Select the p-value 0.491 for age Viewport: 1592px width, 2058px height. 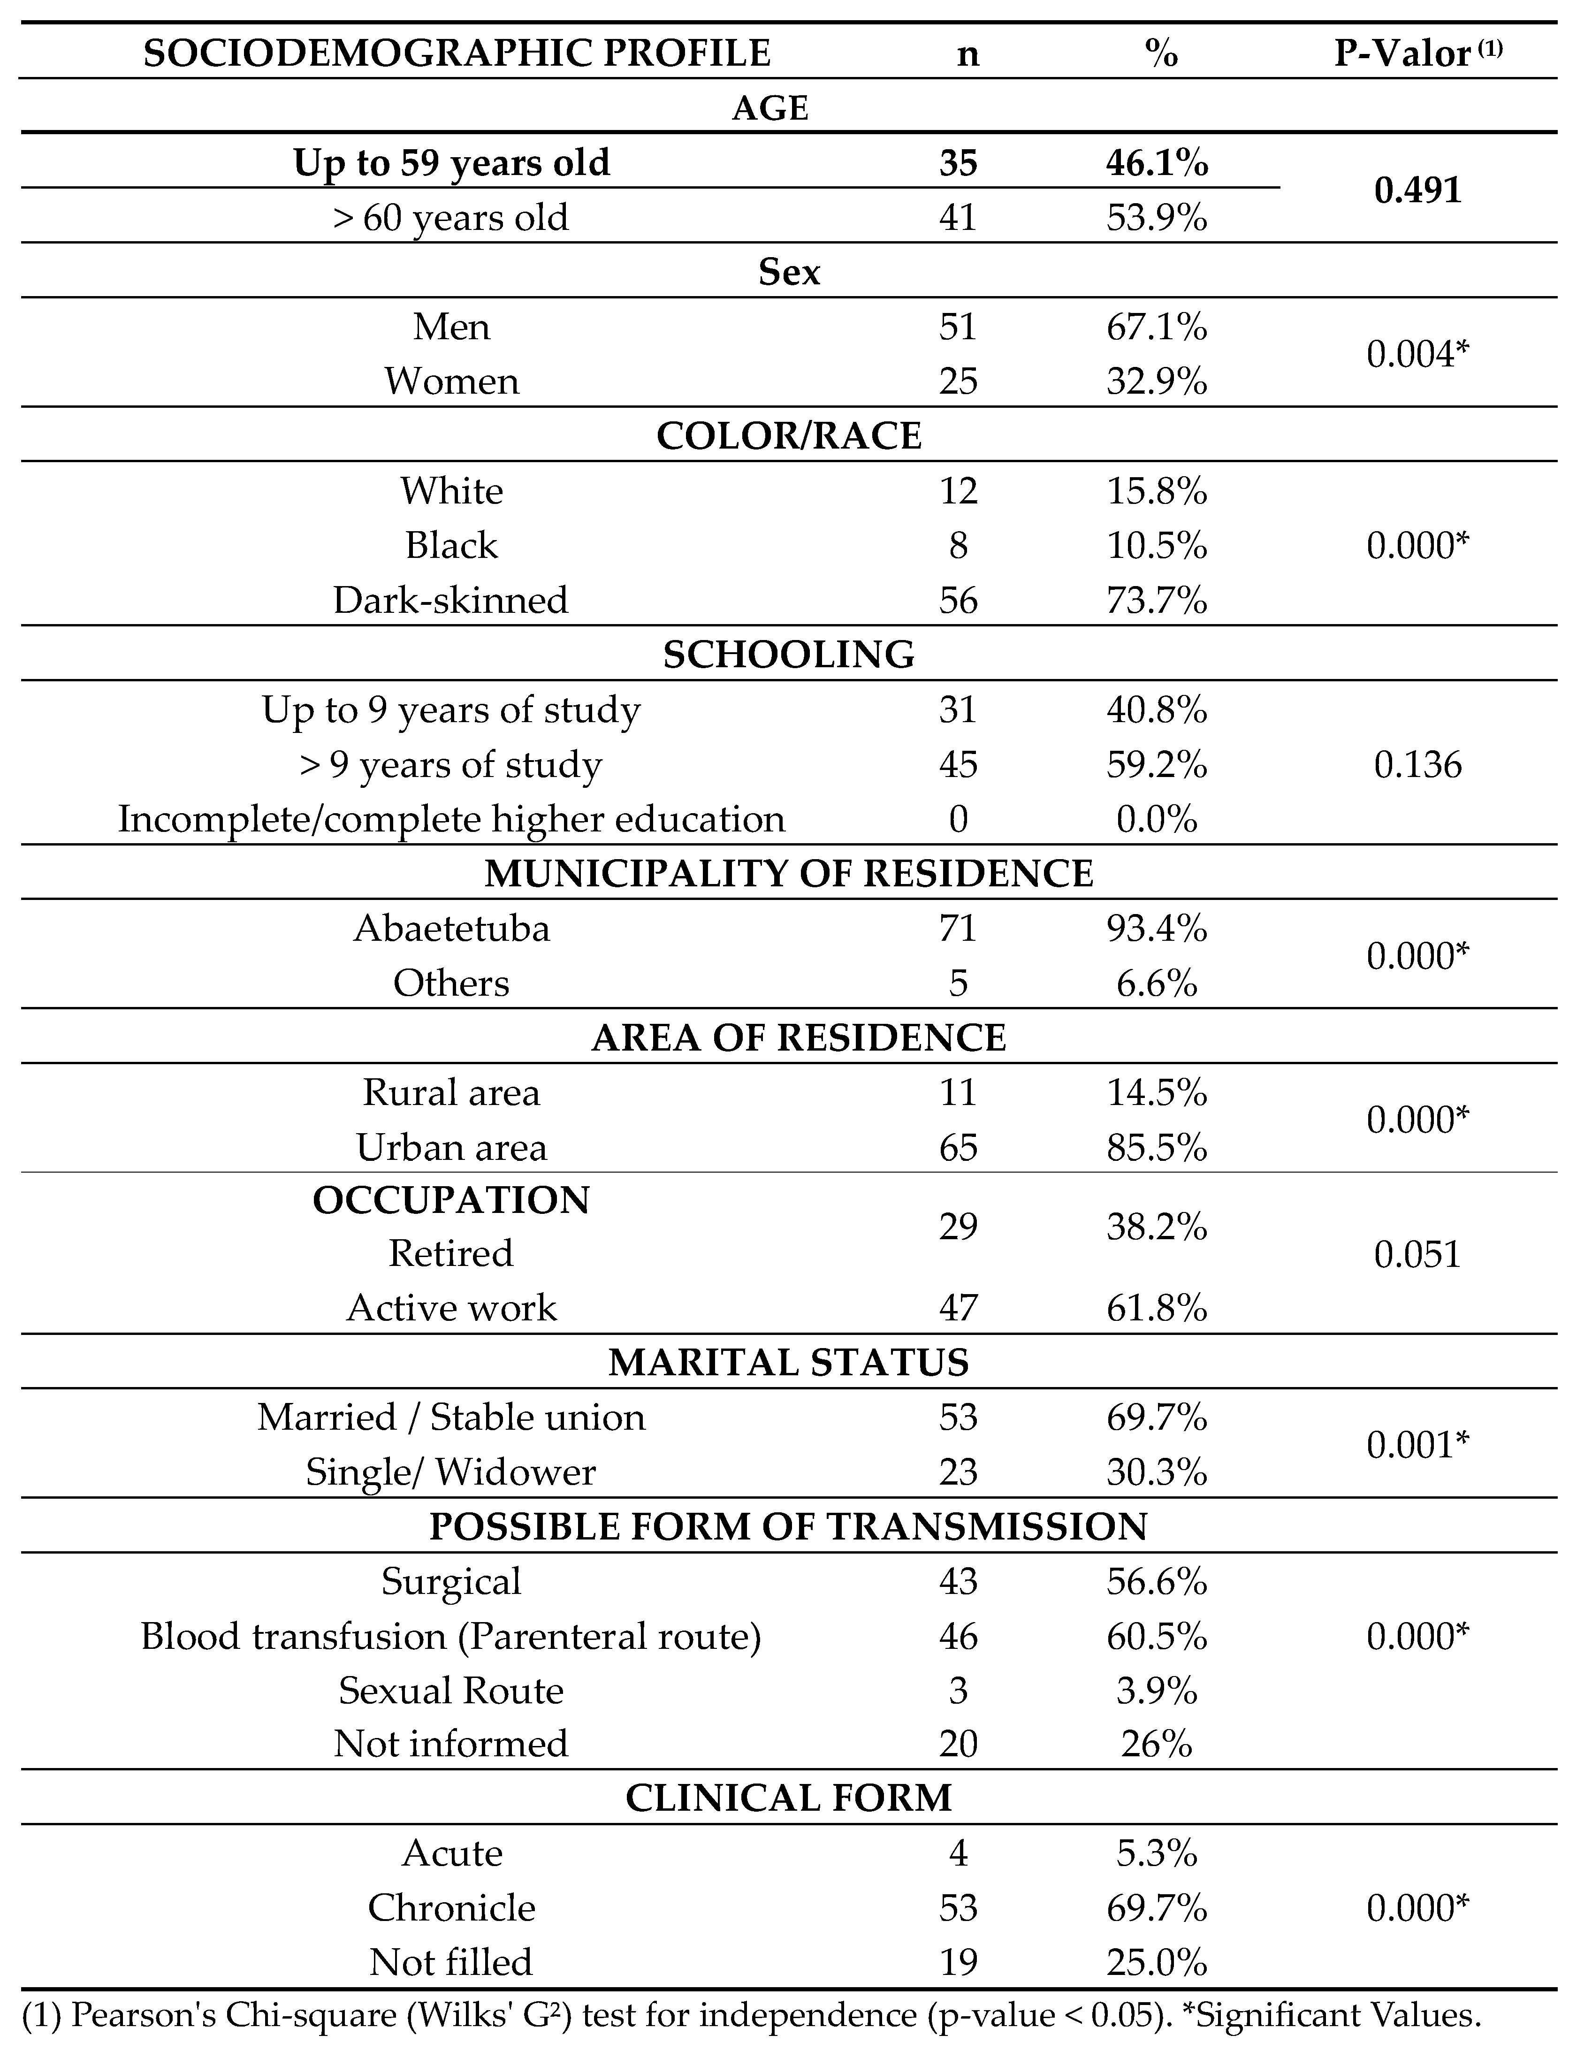point(1418,191)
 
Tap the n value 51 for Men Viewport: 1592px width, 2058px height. point(958,327)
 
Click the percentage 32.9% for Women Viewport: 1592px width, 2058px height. point(1157,381)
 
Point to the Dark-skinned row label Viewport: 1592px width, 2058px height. point(451,600)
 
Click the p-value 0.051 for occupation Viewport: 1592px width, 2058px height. point(1418,1254)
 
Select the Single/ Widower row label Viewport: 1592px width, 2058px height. point(451,1472)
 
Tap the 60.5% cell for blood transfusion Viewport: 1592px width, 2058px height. point(1157,1637)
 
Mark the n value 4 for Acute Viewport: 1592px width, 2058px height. point(958,1853)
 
